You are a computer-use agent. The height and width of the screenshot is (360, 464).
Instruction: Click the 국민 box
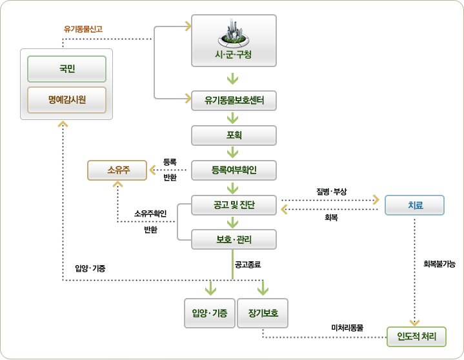(66, 68)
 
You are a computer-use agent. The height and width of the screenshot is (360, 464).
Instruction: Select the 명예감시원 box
(66, 100)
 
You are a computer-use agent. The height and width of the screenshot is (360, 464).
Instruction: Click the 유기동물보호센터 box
(234, 100)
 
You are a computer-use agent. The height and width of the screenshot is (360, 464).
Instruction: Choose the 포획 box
(234, 135)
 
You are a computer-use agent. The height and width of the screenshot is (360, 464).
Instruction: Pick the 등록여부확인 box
(234, 170)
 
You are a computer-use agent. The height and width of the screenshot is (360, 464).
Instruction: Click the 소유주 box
(118, 170)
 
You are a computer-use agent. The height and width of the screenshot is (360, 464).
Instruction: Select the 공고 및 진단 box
(234, 206)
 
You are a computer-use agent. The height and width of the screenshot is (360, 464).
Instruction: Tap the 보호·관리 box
(234, 240)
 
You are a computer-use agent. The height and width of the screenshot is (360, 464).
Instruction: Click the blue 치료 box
(414, 206)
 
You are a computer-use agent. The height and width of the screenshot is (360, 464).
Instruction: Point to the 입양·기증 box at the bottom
(209, 313)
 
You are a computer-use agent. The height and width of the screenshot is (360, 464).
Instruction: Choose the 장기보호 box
(263, 313)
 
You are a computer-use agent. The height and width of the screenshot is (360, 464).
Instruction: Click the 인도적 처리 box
(416, 336)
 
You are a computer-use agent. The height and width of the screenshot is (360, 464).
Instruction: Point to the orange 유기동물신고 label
(83, 29)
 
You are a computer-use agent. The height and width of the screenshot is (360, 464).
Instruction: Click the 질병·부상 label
(332, 192)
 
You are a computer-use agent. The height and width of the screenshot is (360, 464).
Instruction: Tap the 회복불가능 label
(439, 264)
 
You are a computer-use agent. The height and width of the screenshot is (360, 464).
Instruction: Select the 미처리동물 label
(347, 328)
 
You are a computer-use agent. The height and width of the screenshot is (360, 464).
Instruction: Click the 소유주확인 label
(150, 214)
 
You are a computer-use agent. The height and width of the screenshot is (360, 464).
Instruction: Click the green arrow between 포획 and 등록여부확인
(234, 153)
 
